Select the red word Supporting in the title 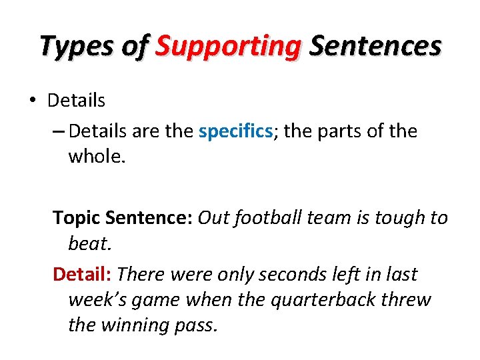[228, 47]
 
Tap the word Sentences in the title [375, 47]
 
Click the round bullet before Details [31, 101]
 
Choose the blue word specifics [235, 131]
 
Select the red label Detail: [84, 275]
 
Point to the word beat [90, 243]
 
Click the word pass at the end [199, 325]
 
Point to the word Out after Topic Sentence [213, 218]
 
